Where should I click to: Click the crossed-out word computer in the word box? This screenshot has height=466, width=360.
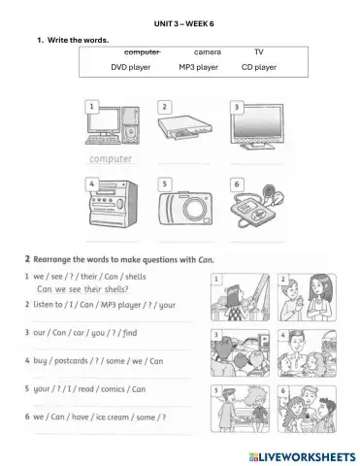pyautogui.click(x=142, y=51)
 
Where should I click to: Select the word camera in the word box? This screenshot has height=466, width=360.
pyautogui.click(x=208, y=51)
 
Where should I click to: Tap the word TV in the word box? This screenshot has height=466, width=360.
pyautogui.click(x=258, y=51)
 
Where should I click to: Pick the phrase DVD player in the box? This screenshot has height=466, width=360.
pyautogui.click(x=133, y=68)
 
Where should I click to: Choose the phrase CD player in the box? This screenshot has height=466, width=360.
pyautogui.click(x=259, y=68)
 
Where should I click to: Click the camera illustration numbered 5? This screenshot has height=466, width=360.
pyautogui.click(x=182, y=206)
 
